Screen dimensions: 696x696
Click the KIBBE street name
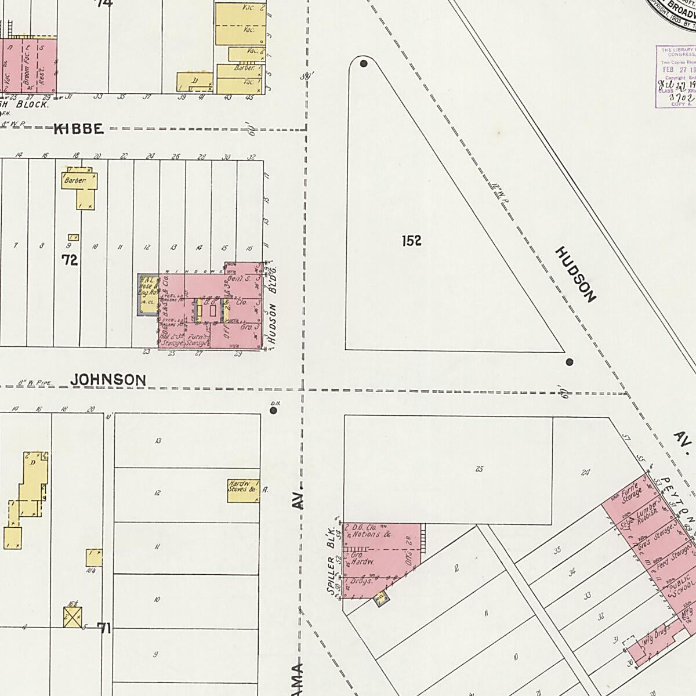click(x=79, y=129)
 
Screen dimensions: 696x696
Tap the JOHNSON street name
click(x=108, y=379)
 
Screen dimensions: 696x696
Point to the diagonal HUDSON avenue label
click(x=575, y=274)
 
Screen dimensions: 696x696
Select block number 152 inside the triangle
click(x=411, y=241)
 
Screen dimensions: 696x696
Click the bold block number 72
click(x=70, y=260)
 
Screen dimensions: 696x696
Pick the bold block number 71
click(x=104, y=628)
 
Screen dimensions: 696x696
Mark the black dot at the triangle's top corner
click(x=364, y=63)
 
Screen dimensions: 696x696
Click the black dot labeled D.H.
click(x=273, y=411)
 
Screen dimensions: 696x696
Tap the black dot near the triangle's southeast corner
click(x=569, y=362)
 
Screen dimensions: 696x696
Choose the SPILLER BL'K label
click(x=332, y=561)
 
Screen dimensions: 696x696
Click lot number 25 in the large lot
click(x=479, y=469)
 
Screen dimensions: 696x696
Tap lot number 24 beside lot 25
click(x=585, y=473)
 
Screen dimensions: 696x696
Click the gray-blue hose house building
click(x=146, y=295)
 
